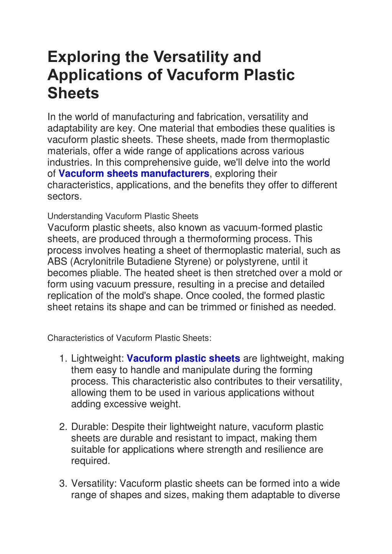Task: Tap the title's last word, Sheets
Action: [x=73, y=93]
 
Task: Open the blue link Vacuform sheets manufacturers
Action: [x=134, y=174]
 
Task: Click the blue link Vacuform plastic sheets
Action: [x=183, y=358]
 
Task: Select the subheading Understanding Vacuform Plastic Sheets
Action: [x=123, y=216]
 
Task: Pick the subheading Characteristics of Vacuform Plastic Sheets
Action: [x=129, y=338]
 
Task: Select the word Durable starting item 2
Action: [x=90, y=427]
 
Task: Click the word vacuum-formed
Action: [x=258, y=228]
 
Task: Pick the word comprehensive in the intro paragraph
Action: [x=159, y=162]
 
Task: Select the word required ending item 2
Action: [x=90, y=461]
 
